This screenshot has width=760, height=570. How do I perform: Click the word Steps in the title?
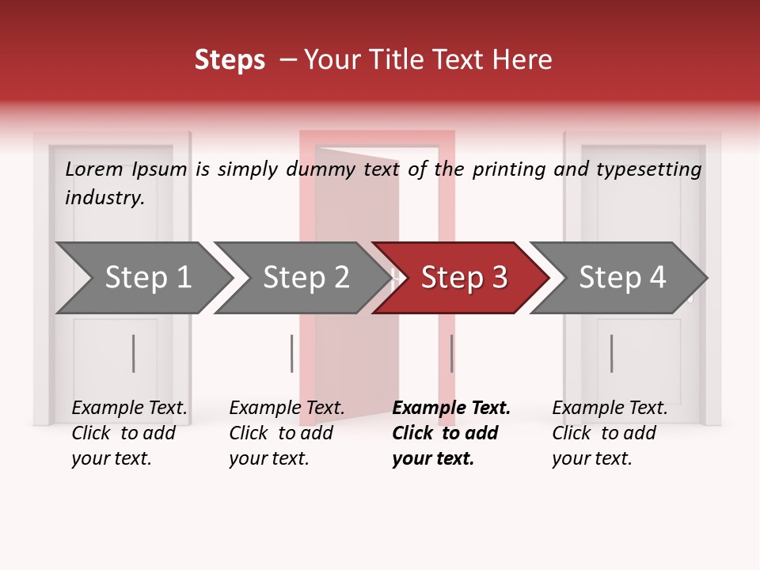click(230, 60)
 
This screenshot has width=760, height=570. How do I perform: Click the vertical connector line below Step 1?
click(134, 353)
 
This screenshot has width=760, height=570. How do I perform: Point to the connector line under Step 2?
click(292, 353)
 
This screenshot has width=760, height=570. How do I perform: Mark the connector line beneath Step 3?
click(452, 353)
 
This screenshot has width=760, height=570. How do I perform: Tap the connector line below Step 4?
click(612, 353)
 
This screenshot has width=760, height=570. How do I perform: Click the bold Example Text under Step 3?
click(451, 408)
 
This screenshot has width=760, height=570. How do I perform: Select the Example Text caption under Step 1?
click(129, 408)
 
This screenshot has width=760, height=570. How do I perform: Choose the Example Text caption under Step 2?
click(287, 408)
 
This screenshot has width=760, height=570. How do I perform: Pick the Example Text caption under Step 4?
click(610, 408)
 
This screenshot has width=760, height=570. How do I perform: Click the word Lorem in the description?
click(94, 169)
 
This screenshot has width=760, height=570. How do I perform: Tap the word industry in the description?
click(104, 198)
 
